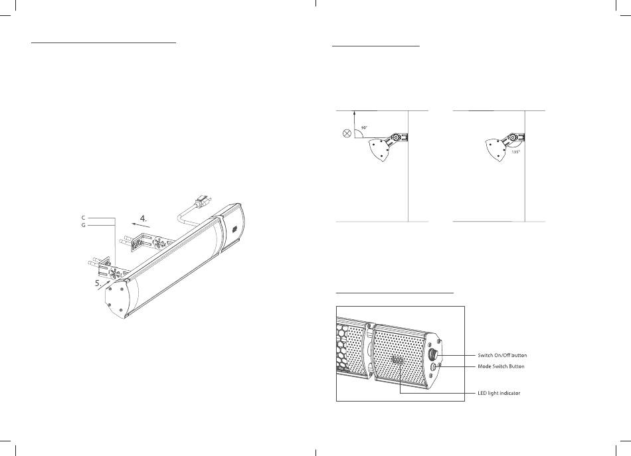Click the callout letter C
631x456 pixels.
point(83,218)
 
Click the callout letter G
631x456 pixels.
point(83,225)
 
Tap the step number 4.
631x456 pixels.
point(143,219)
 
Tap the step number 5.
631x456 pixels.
point(98,283)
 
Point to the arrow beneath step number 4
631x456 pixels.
point(141,226)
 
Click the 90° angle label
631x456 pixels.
point(364,127)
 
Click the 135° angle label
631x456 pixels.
point(515,152)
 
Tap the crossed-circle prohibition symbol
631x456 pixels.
point(346,133)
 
